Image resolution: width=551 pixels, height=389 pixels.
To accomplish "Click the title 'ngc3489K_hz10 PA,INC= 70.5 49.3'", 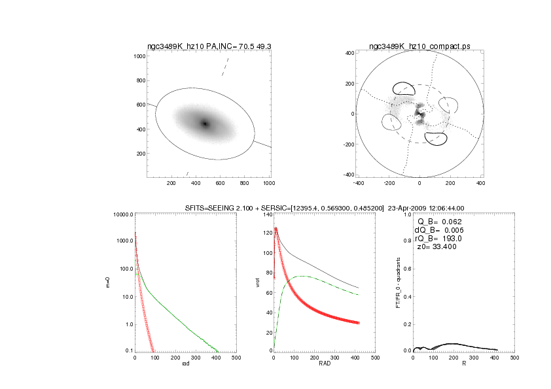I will tap(209, 46).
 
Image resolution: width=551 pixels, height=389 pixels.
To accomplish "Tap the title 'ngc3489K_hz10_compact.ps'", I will tap(419, 46).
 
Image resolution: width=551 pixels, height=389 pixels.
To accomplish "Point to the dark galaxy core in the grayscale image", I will tap(205, 124).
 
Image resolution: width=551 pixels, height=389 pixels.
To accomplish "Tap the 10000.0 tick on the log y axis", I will tap(123, 214).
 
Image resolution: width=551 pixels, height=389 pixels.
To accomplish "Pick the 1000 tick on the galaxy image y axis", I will tap(139, 56).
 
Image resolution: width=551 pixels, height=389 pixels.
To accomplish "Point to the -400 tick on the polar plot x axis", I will tap(359, 184).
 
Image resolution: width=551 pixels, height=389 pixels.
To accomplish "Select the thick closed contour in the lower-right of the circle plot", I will tap(435, 138).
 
